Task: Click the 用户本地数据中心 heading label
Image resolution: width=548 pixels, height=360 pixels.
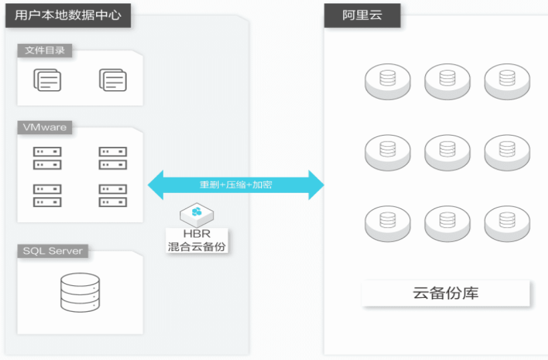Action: (67, 14)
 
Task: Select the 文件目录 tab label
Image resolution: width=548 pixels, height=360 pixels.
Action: (44, 51)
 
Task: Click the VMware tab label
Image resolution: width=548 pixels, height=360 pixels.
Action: (45, 127)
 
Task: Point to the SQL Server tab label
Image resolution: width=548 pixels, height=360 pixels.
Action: (53, 251)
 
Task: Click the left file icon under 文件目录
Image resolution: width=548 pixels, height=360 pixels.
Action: (47, 80)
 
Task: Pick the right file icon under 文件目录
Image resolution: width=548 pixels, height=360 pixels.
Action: (113, 80)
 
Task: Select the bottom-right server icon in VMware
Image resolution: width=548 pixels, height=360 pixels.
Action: (113, 195)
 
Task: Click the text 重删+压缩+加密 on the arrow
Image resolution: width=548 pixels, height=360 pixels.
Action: (236, 184)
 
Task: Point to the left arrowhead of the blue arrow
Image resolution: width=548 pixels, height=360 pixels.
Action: (156, 184)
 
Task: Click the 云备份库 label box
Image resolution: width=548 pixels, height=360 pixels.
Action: (446, 293)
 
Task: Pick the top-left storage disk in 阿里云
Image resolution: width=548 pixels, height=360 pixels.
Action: (387, 81)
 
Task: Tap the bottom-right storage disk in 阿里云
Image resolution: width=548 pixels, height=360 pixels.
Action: (507, 222)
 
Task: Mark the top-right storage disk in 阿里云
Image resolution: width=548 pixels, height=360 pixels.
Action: (507, 81)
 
